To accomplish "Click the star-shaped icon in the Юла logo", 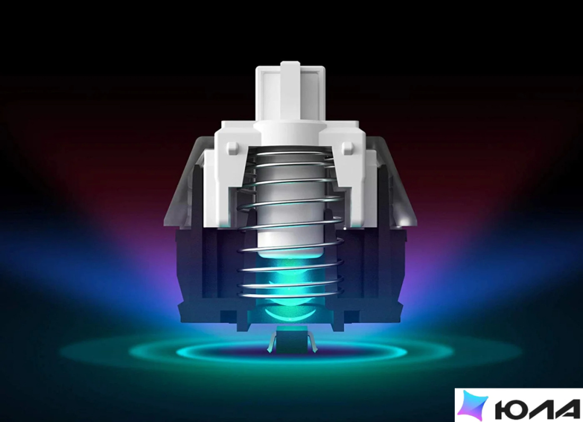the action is tap(472, 404).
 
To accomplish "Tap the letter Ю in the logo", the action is tap(511, 409).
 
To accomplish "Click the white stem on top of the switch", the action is tap(290, 93).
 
